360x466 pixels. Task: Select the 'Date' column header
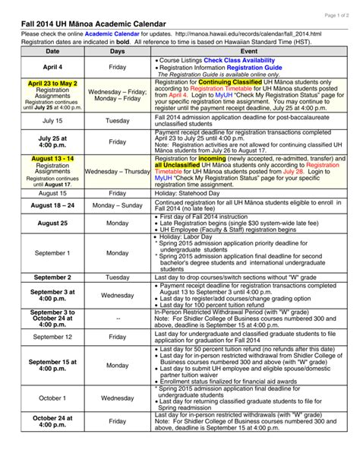52,52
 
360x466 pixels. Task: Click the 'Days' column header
118,52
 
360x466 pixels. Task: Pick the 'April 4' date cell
52,68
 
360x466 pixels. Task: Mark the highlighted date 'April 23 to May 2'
52,84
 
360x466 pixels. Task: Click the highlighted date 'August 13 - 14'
52,158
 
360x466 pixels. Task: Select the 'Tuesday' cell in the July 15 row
118,121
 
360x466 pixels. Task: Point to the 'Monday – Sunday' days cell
118,206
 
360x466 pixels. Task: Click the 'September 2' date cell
52,277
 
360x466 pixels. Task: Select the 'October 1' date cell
52,398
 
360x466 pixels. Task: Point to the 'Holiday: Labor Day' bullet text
191,236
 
